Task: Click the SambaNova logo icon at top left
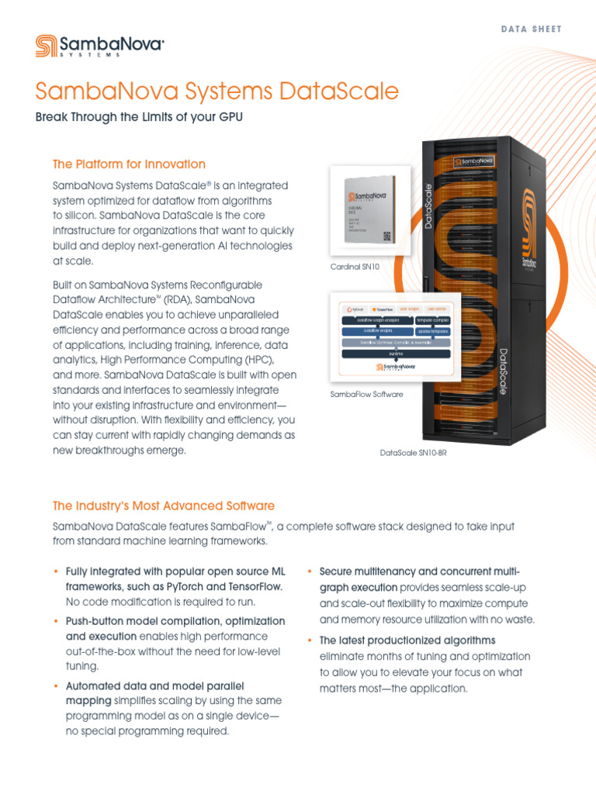click(45, 46)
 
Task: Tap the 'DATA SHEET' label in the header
click(531, 29)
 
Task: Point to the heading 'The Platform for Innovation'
click(129, 164)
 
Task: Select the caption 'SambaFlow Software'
click(366, 395)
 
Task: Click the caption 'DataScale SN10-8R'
click(413, 452)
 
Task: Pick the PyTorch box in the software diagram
click(355, 309)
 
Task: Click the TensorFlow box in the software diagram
click(385, 309)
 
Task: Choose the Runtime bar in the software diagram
click(396, 354)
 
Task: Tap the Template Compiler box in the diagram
click(432, 319)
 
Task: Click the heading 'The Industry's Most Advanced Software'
click(163, 506)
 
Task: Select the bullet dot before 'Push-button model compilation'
click(56, 622)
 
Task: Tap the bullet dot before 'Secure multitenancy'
click(310, 571)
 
